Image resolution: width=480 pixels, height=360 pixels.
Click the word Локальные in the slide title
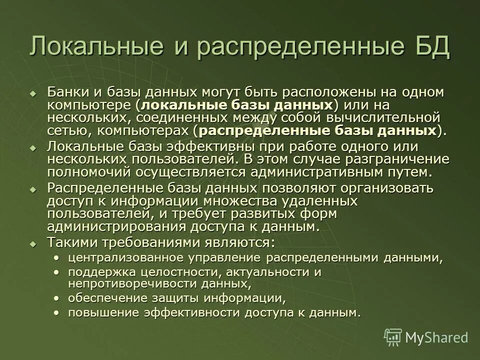[96, 46]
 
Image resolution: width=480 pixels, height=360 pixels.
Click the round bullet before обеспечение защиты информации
[57, 298]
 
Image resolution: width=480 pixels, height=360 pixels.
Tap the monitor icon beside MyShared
[393, 337]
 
